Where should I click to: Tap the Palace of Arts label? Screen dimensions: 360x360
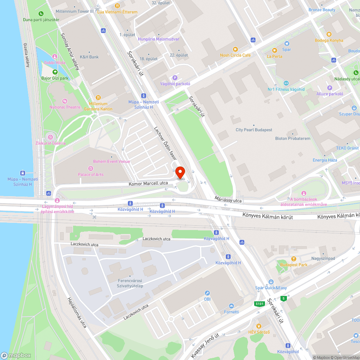tap(91, 175)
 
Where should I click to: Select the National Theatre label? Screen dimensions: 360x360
tap(65, 107)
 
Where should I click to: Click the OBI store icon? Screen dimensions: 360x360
tap(207, 293)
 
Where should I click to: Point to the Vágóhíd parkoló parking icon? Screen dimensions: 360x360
tap(175, 77)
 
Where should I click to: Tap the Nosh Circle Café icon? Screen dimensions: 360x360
tap(235, 49)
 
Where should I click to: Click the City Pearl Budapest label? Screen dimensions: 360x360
tap(254, 130)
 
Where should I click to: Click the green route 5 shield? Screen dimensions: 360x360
tap(284, 298)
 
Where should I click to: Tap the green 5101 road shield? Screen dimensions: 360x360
tap(259, 304)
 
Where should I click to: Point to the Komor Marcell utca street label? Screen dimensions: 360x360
tap(148, 184)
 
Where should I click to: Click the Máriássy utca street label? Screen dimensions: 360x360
tap(229, 200)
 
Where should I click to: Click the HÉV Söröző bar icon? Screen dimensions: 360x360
tap(258, 326)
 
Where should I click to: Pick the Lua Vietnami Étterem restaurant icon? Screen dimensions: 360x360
tap(117, 6)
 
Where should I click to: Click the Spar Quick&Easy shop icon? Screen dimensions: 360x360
tap(271, 282)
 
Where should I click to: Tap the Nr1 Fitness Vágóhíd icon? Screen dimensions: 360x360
tap(286, 83)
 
